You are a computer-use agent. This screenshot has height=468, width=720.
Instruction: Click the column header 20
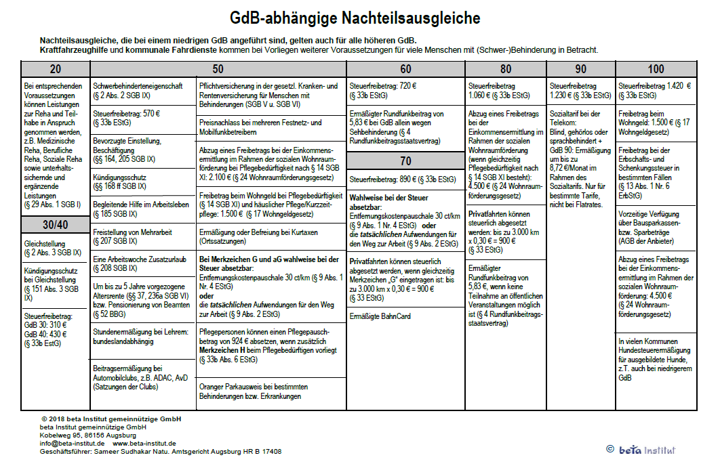point(55,68)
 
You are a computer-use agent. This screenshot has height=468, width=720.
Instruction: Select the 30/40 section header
point(55,224)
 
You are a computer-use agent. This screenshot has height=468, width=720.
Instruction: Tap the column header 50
point(218,68)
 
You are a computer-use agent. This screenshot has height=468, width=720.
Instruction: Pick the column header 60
point(405,68)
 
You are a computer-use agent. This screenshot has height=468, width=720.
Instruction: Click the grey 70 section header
point(405,161)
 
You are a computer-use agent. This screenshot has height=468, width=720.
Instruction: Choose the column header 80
point(506,68)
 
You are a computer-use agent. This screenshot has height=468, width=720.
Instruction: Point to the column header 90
point(581,68)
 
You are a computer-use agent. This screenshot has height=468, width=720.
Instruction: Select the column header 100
point(656,68)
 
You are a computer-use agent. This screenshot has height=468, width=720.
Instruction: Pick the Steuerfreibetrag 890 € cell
point(405,179)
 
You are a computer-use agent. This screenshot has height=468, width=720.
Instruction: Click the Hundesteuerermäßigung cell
point(656,359)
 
